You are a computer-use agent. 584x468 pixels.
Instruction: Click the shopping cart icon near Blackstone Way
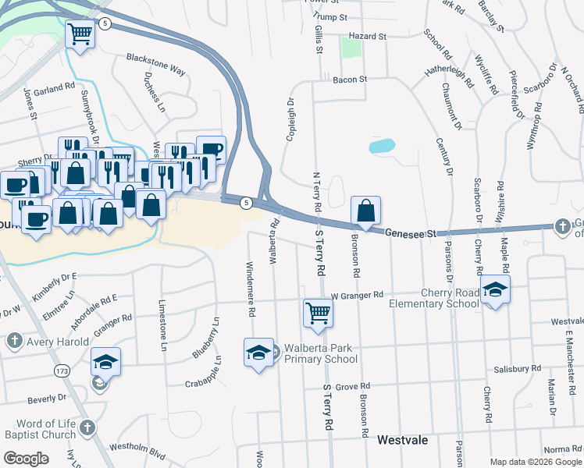80,34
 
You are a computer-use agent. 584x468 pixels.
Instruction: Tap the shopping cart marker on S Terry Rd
318,312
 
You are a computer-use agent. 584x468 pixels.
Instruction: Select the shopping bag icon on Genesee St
365,211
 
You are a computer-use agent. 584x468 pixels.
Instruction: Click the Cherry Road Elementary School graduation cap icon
495,290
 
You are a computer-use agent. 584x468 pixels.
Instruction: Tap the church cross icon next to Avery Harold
14,341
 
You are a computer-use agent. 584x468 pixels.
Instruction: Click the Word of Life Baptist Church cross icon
87,427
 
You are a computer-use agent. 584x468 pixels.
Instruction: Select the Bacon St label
349,80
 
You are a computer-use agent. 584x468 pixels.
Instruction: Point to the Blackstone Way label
156,65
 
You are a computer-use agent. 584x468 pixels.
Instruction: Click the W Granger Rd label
357,296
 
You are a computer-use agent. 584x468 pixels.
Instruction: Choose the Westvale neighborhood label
402,440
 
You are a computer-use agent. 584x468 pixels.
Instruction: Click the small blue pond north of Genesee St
382,146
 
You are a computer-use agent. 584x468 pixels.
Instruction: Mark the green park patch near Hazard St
351,48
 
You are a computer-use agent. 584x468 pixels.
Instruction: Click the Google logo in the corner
26,459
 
